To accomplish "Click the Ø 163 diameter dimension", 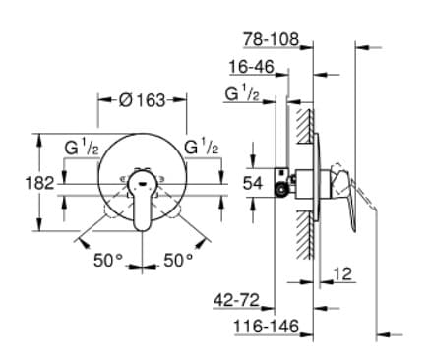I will coord(143,100).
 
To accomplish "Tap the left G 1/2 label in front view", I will coord(80,148).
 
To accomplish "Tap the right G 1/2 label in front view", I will coord(203,148).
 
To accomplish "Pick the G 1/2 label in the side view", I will coord(242,93).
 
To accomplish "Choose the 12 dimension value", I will coord(342,273).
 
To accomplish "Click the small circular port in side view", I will coord(283,190).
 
